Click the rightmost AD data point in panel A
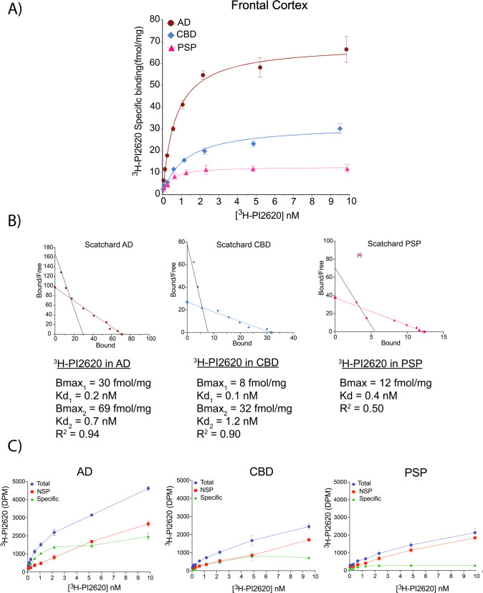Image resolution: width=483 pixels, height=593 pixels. coord(346,49)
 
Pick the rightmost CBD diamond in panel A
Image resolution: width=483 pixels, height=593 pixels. coord(340,128)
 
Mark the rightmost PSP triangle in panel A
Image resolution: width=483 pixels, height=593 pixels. coord(347,169)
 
